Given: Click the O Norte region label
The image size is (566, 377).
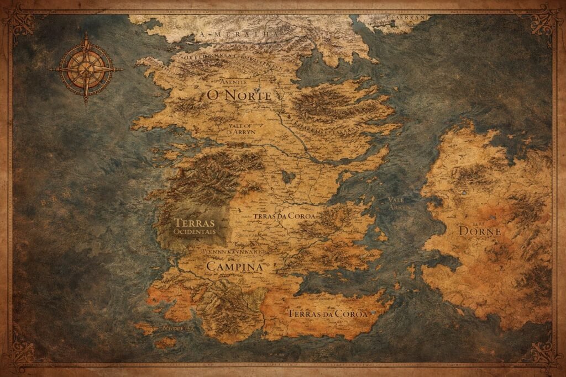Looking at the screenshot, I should [239, 95].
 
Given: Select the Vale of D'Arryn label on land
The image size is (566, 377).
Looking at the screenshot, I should [240, 129].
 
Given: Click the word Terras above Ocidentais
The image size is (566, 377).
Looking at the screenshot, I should [193, 222].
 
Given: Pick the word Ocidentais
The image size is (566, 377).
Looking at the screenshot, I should [193, 232].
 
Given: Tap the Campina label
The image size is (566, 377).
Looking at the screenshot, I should [234, 266].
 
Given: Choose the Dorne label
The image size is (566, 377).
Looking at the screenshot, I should [480, 231].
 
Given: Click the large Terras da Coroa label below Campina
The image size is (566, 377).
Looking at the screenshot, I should [327, 314].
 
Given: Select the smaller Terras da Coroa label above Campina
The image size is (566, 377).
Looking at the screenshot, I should [285, 216].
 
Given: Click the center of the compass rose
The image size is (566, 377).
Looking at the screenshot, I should [86, 69].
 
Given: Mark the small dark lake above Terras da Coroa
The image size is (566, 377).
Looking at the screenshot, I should [288, 177].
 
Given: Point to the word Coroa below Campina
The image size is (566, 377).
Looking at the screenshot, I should [349, 314].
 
